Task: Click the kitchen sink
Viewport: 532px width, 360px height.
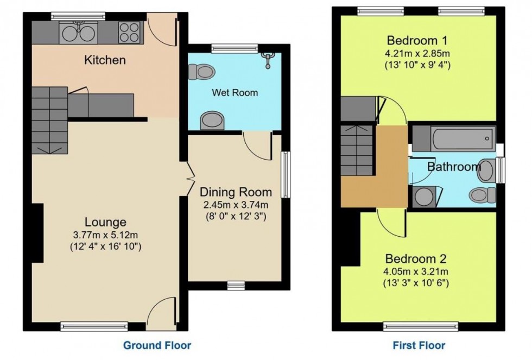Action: pos(78,33)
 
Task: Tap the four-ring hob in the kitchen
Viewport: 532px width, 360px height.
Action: pos(129,33)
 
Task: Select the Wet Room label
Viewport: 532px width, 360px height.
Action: pos(235,93)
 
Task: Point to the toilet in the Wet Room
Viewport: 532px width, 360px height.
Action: pos(201,71)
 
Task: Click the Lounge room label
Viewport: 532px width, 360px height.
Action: pos(105,222)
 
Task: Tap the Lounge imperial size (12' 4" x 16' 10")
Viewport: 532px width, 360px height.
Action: pos(105,247)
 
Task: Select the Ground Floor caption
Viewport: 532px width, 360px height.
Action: pos(157,345)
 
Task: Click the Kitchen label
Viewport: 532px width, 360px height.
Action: pos(105,60)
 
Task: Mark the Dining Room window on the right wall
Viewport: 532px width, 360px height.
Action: pos(285,174)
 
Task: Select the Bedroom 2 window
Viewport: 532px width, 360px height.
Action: pos(416,325)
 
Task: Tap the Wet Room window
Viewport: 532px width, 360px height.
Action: pos(235,48)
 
